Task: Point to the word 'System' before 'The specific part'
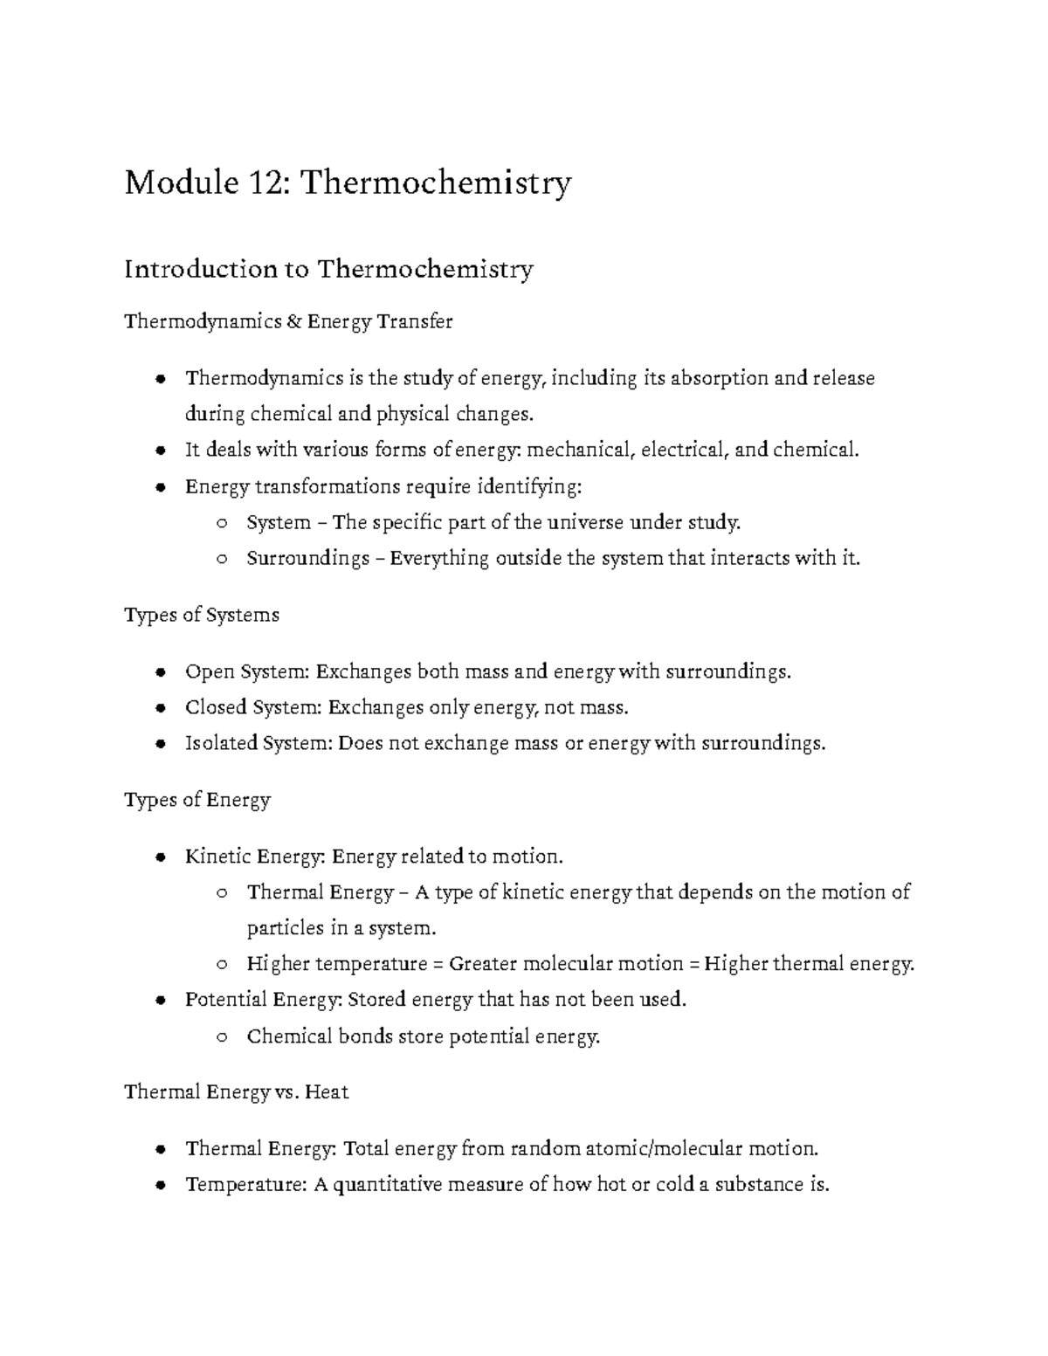tap(279, 522)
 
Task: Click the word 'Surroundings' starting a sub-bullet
tap(308, 558)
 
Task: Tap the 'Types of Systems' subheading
tap(202, 615)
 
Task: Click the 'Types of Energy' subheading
tap(197, 800)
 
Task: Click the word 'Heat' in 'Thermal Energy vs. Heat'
tap(327, 1092)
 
